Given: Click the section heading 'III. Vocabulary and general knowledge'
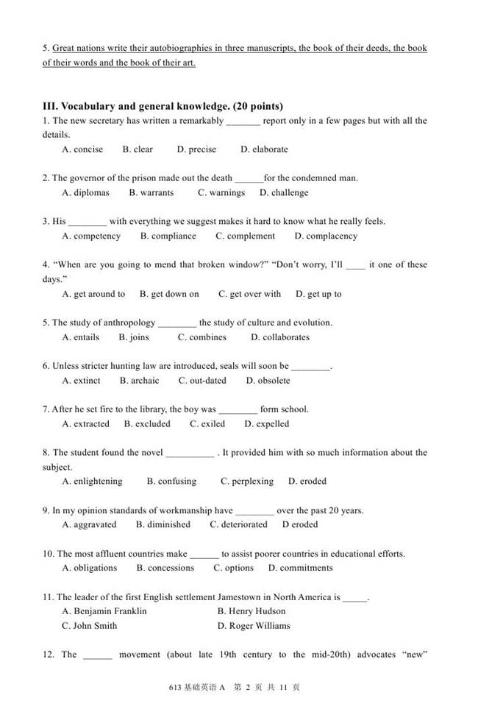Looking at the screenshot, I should coord(163,106).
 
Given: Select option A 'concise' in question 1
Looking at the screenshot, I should coord(82,149).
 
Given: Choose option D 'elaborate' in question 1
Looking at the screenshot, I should coord(264,149).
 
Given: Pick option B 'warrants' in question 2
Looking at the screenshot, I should coord(151,193).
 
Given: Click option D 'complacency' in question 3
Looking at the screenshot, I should coord(326,236).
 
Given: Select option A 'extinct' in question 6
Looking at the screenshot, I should coord(81,381).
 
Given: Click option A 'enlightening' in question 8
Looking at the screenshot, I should coord(92,482).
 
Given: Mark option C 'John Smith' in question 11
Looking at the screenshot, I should coord(90,626).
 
